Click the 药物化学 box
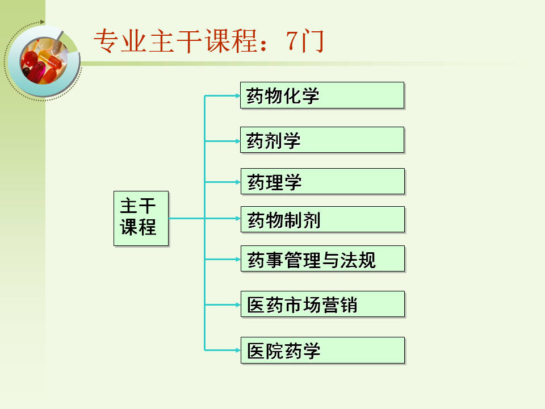(322, 95)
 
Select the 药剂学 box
(322, 140)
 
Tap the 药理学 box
(322, 182)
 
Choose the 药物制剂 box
(322, 219)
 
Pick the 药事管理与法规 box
(322, 259)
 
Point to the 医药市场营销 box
(322, 304)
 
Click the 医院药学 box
(322, 350)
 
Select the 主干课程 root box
(141, 218)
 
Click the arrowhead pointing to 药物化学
(237, 95)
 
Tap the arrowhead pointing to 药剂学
(237, 140)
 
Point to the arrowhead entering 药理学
(237, 182)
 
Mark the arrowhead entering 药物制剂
(237, 218)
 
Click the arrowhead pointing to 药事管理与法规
(237, 259)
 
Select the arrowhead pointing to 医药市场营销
(237, 304)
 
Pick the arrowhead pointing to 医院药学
(237, 350)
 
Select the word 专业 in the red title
(120, 41)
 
